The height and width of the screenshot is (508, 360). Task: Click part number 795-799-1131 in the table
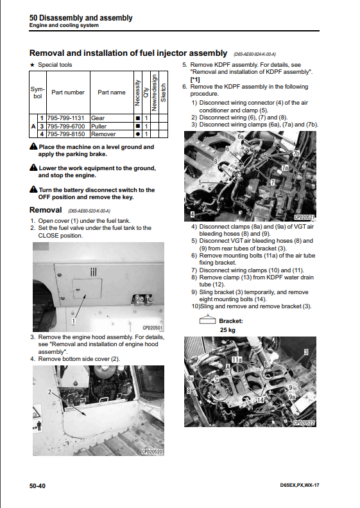[65, 118]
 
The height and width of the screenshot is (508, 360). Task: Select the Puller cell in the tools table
[99, 126]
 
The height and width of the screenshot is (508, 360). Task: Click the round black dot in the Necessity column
[137, 134]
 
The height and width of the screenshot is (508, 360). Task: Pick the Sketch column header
[163, 92]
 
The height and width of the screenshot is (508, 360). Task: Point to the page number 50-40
[38, 486]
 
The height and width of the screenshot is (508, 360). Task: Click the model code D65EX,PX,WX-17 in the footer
[300, 485]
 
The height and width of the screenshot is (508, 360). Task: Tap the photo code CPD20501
[153, 328]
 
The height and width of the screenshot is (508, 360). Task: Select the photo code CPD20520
[152, 451]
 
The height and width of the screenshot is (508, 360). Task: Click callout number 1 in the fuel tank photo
[74, 321]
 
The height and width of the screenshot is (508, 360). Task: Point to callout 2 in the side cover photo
[49, 392]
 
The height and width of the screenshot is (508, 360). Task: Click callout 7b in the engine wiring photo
[296, 153]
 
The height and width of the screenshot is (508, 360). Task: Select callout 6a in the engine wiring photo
[241, 136]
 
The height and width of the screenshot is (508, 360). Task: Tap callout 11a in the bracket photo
[237, 360]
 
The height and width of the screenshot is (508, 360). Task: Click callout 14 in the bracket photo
[261, 400]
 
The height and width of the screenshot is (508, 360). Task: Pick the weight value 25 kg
[228, 330]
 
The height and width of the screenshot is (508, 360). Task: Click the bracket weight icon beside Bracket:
[207, 319]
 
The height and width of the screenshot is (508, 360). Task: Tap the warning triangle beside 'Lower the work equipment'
[33, 168]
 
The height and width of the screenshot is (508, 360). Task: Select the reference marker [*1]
[195, 80]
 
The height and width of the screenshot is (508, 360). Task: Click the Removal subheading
[46, 210]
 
